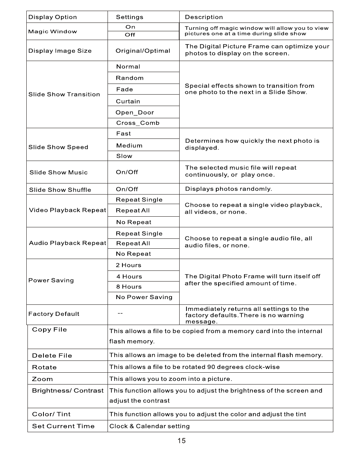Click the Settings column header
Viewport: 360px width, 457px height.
tap(130, 17)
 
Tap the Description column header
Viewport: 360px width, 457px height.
tap(204, 17)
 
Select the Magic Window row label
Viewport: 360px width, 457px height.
tap(53, 32)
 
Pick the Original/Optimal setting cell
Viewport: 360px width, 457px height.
tap(143, 51)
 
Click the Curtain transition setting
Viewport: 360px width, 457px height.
tap(128, 101)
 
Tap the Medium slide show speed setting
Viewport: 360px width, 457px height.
tap(129, 146)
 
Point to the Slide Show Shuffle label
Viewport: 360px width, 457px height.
tap(60, 190)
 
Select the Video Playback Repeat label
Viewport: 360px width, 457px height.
tap(67, 211)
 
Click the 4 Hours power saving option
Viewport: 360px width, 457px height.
tap(129, 277)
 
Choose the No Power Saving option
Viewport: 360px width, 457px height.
tap(144, 297)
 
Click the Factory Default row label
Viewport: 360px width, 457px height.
tap(54, 314)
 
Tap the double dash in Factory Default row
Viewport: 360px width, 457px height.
tap(120, 314)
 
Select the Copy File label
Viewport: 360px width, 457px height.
tap(50, 330)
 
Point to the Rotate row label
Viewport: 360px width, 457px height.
tap(44, 367)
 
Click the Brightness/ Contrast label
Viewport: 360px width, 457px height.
tap(68, 391)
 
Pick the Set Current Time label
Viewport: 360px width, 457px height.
tap(63, 426)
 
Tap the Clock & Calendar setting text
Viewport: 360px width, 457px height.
tap(149, 426)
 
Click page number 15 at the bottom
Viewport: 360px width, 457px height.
tap(182, 441)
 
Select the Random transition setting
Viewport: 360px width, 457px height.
tap(130, 78)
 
